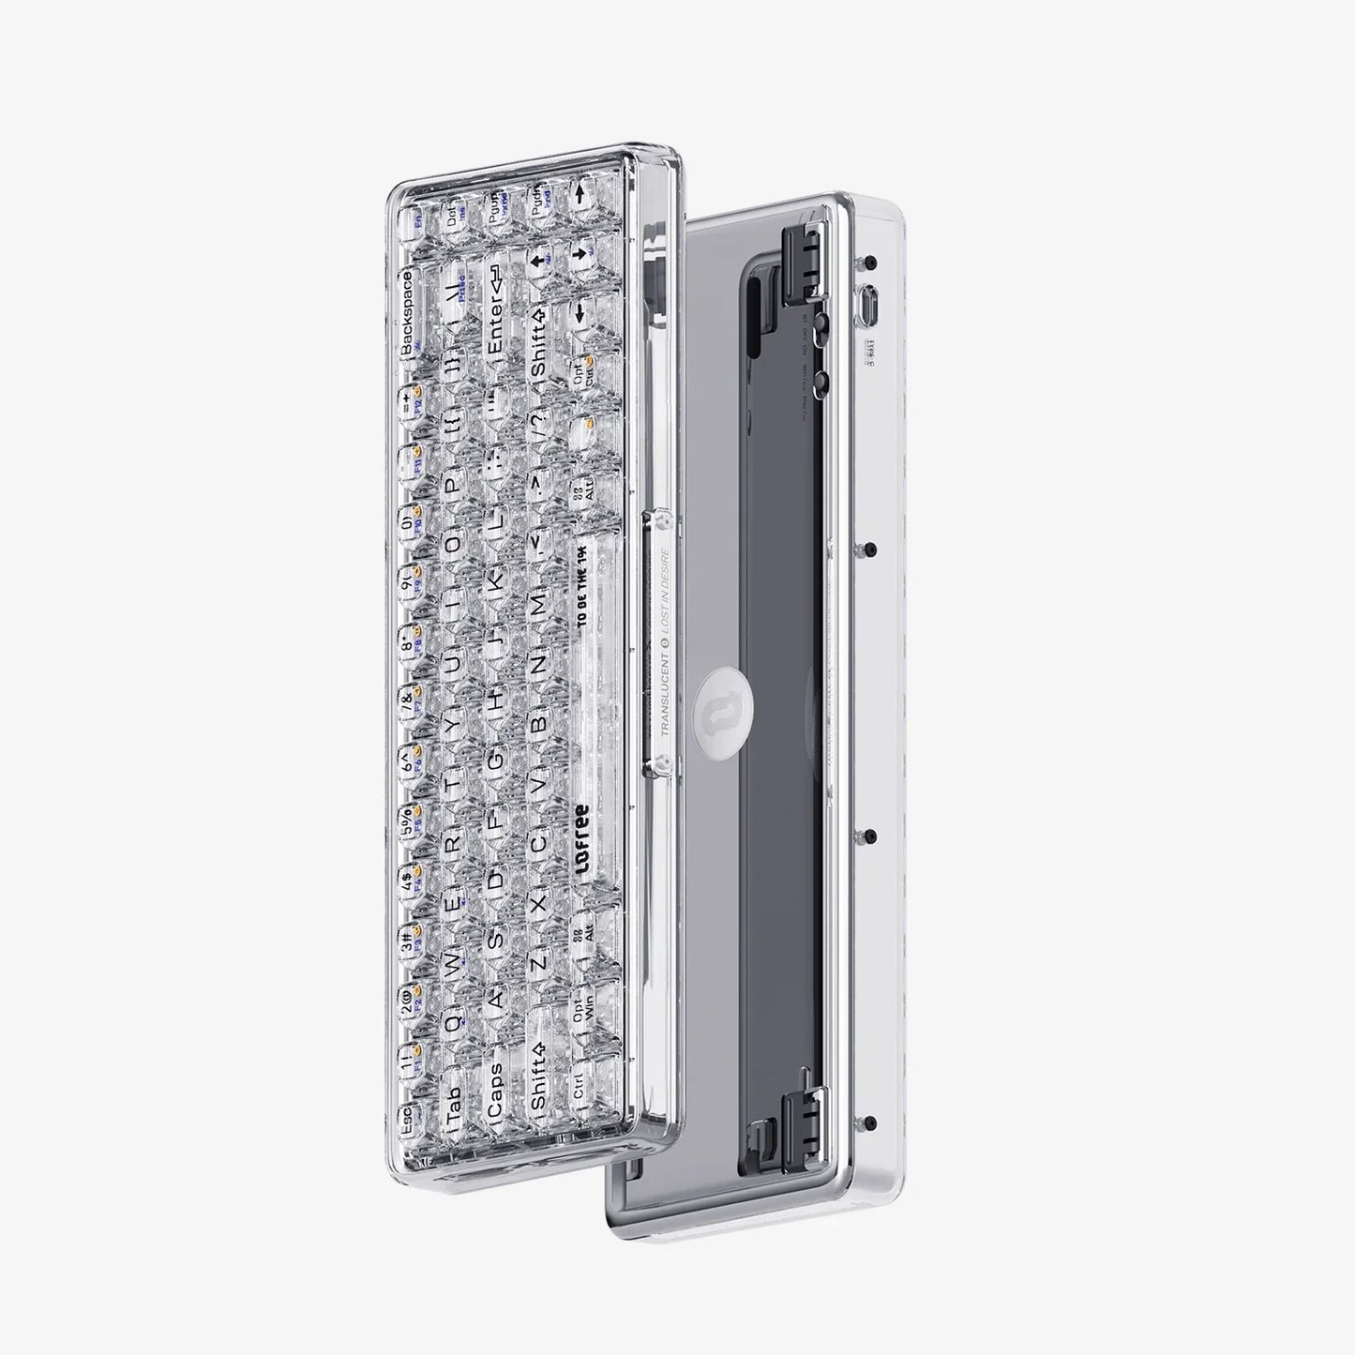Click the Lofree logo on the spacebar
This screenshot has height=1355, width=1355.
coord(581,840)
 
